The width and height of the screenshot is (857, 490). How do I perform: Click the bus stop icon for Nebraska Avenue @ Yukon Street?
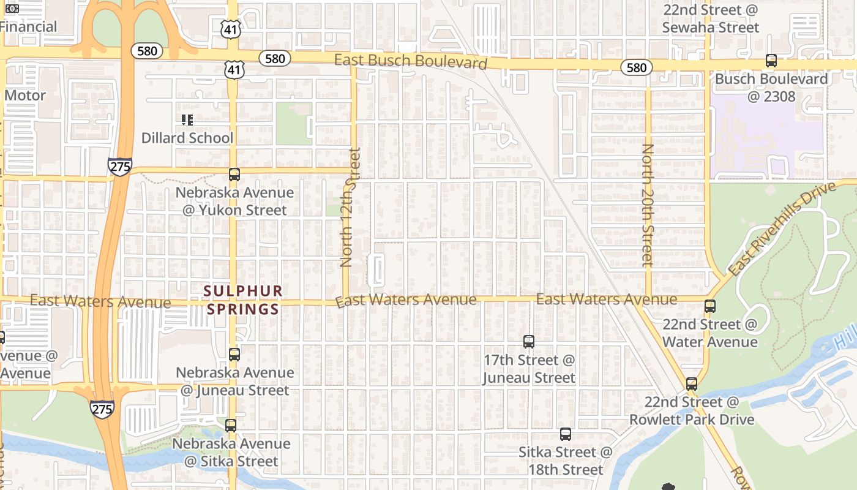(x=234, y=175)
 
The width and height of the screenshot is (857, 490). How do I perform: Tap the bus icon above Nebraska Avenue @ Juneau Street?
(x=234, y=354)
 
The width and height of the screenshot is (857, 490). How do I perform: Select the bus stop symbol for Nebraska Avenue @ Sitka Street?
(x=231, y=425)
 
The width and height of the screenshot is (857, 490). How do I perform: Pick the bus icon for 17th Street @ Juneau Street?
(x=529, y=342)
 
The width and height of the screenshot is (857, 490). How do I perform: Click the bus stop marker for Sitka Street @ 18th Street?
(x=566, y=434)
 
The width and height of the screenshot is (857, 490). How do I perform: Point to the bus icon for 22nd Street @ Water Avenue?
(x=710, y=306)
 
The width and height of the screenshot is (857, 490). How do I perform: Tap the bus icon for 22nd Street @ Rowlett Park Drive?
(x=692, y=384)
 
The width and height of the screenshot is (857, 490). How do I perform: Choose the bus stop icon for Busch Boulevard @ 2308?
(x=771, y=61)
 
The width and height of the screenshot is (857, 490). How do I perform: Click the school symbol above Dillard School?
(x=187, y=120)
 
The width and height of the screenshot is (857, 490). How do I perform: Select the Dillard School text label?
(x=187, y=138)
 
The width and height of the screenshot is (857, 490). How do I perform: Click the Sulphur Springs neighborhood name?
(x=243, y=300)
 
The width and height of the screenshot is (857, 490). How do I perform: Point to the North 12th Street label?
(x=347, y=207)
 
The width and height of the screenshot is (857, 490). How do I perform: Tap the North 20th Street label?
(x=648, y=205)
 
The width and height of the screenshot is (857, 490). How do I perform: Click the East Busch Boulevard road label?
(x=411, y=61)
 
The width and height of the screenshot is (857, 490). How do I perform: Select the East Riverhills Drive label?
(x=782, y=228)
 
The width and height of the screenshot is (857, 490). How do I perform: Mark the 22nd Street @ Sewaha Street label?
(x=710, y=19)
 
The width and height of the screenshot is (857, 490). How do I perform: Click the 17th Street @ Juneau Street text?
(x=529, y=369)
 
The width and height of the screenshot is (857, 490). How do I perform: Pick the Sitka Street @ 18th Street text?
(x=566, y=461)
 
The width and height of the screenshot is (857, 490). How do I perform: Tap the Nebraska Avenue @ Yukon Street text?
(x=234, y=202)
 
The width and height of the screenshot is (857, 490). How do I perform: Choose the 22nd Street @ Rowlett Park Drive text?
(x=692, y=411)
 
